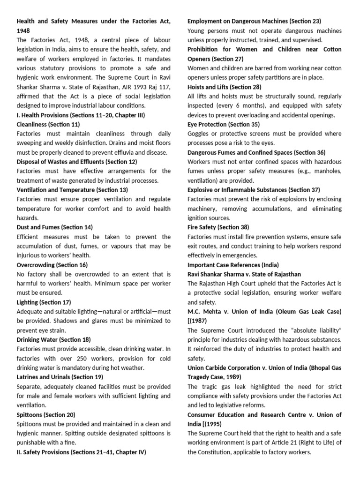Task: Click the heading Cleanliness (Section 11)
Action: point(48,124)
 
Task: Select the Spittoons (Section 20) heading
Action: point(46,415)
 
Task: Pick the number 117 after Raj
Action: point(151,87)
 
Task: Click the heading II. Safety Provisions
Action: point(81,452)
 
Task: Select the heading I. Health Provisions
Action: point(81,115)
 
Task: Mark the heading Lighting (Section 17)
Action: point(44,302)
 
